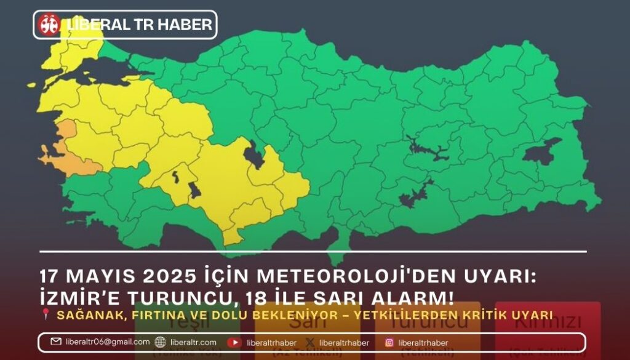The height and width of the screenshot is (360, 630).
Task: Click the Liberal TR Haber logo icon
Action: (x=49, y=25)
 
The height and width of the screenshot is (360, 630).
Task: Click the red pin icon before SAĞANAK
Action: (x=46, y=315)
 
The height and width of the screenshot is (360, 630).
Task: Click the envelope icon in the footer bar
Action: (x=56, y=342)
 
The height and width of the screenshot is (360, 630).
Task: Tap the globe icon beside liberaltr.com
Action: (x=161, y=342)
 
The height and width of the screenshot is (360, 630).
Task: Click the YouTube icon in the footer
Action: (x=234, y=343)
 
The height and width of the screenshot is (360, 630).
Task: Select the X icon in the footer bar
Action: (x=310, y=343)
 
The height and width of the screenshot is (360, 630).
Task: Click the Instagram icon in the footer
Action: (x=389, y=343)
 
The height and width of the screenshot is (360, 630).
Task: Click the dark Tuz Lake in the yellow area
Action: (x=253, y=154)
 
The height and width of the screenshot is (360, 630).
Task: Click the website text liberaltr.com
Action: (x=194, y=343)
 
